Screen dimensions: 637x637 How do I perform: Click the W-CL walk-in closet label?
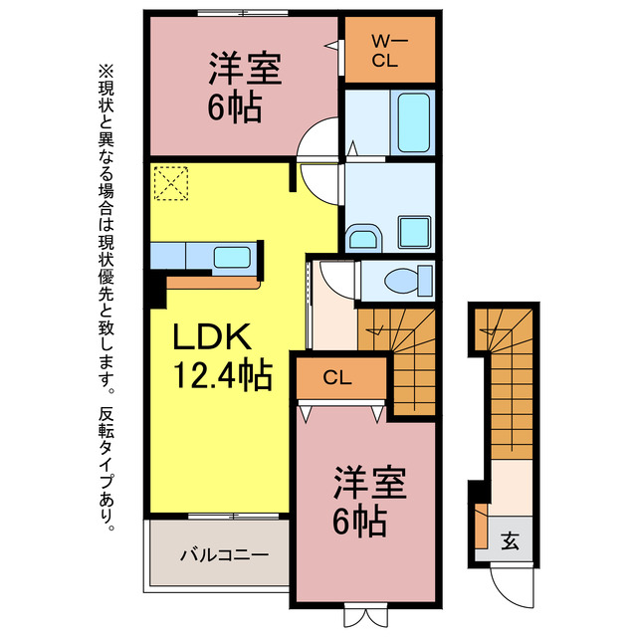(389, 50)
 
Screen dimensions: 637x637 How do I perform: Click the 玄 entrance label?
(510, 542)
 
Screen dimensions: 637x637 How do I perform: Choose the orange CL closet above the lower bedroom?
(337, 378)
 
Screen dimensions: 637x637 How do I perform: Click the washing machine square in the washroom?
(413, 231)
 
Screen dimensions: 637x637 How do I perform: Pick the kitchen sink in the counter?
(231, 257)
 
